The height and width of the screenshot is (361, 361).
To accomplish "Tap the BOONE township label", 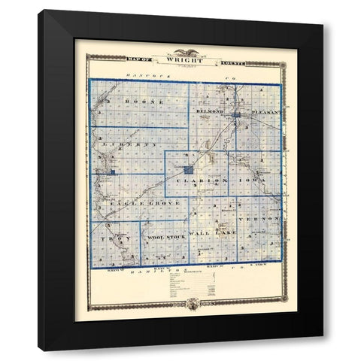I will pos(129,99).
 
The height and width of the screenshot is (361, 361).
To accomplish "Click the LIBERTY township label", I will pos(125,142).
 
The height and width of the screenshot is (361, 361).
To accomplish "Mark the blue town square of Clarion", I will pos(187,170).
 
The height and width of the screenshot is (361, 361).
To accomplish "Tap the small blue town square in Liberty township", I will pos(112,174).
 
